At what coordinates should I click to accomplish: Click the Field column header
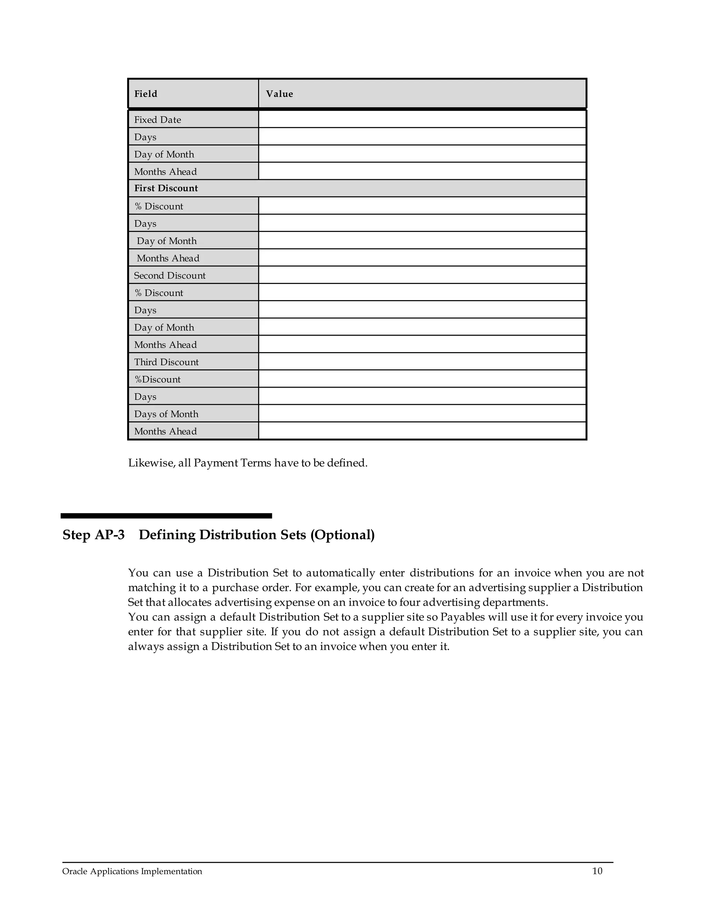145,94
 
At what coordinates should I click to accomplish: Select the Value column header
279,94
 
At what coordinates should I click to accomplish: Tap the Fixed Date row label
157,120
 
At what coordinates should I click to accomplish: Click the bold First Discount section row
166,188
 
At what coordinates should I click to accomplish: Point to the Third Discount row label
166,362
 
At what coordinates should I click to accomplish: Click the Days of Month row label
166,414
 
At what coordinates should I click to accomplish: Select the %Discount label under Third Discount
157,379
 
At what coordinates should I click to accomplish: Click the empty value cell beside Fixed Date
422,120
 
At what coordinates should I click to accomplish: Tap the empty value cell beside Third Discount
422,362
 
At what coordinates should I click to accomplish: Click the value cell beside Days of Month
422,413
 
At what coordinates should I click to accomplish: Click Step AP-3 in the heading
93,535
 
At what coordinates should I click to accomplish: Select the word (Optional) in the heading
342,535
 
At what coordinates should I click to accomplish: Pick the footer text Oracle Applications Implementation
132,871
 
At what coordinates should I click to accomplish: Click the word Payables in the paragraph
463,617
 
